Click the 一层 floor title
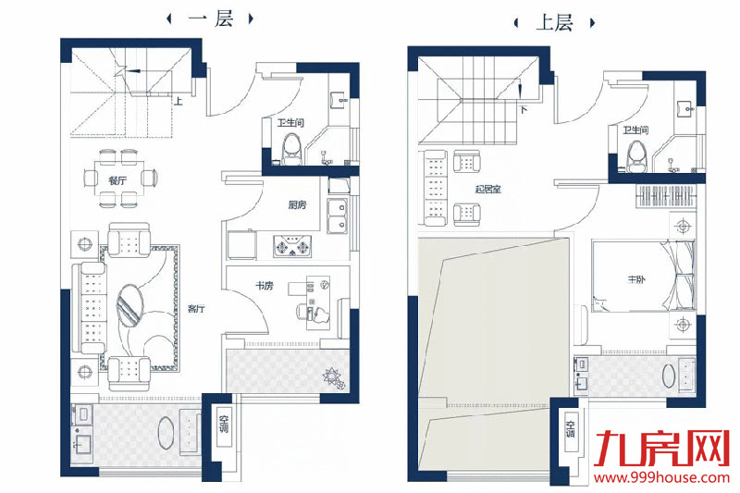[211, 19]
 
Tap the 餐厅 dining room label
[117, 180]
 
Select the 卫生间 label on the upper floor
[635, 130]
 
